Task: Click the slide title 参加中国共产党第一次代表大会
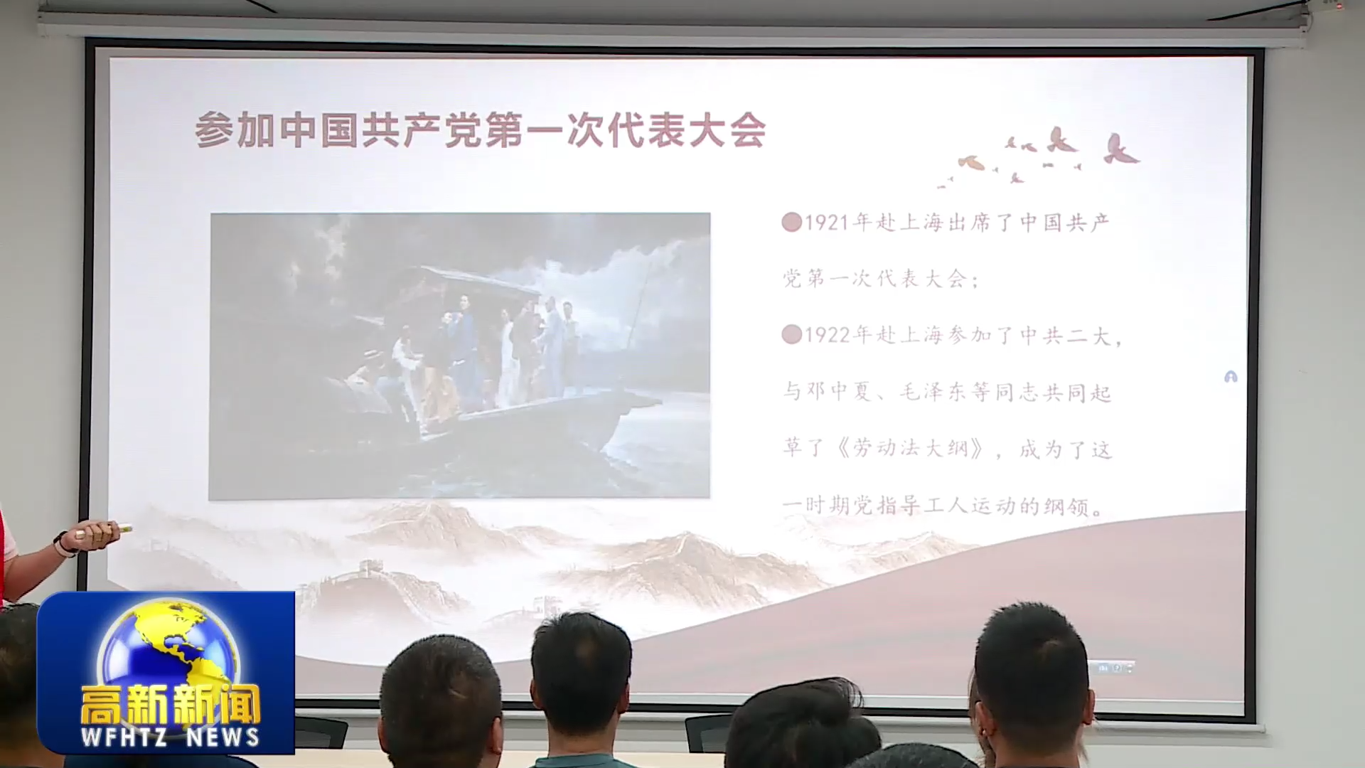pos(481,130)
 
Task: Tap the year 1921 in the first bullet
pos(828,223)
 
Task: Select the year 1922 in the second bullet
pos(828,335)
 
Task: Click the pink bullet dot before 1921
pos(792,223)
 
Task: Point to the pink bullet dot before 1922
pos(792,334)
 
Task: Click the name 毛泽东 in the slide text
pos(933,392)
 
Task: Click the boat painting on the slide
pos(459,356)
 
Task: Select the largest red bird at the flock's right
pos(1120,149)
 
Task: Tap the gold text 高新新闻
pos(170,704)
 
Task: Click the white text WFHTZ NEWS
pos(170,737)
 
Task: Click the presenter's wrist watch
pos(63,544)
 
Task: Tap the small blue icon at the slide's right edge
pos(1231,377)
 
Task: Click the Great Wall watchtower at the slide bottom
pos(370,569)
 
